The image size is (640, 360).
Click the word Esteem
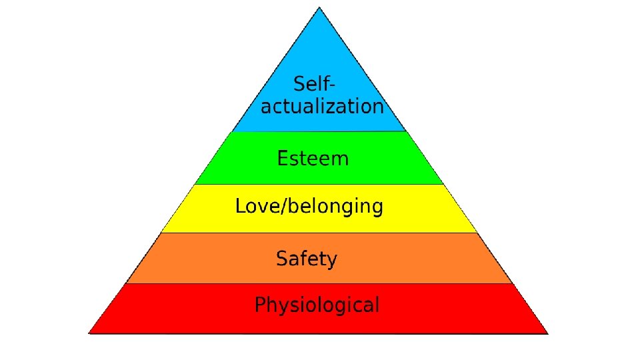[x=313, y=159]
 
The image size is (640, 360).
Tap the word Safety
[x=307, y=259]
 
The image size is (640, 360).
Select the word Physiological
[x=317, y=306]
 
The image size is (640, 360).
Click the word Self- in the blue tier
[x=314, y=85]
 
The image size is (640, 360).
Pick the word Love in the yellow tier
[x=256, y=206]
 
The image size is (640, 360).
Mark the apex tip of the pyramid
[x=319, y=7]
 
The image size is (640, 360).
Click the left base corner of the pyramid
[x=89, y=332]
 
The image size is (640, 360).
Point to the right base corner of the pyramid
[x=548, y=332]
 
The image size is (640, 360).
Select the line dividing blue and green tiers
[x=319, y=131]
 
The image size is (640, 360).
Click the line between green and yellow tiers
[x=319, y=185]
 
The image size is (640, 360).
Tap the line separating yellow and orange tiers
[x=319, y=233]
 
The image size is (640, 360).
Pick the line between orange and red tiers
[x=319, y=283]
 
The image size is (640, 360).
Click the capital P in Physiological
[x=261, y=305]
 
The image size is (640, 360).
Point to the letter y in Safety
[x=331, y=261]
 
